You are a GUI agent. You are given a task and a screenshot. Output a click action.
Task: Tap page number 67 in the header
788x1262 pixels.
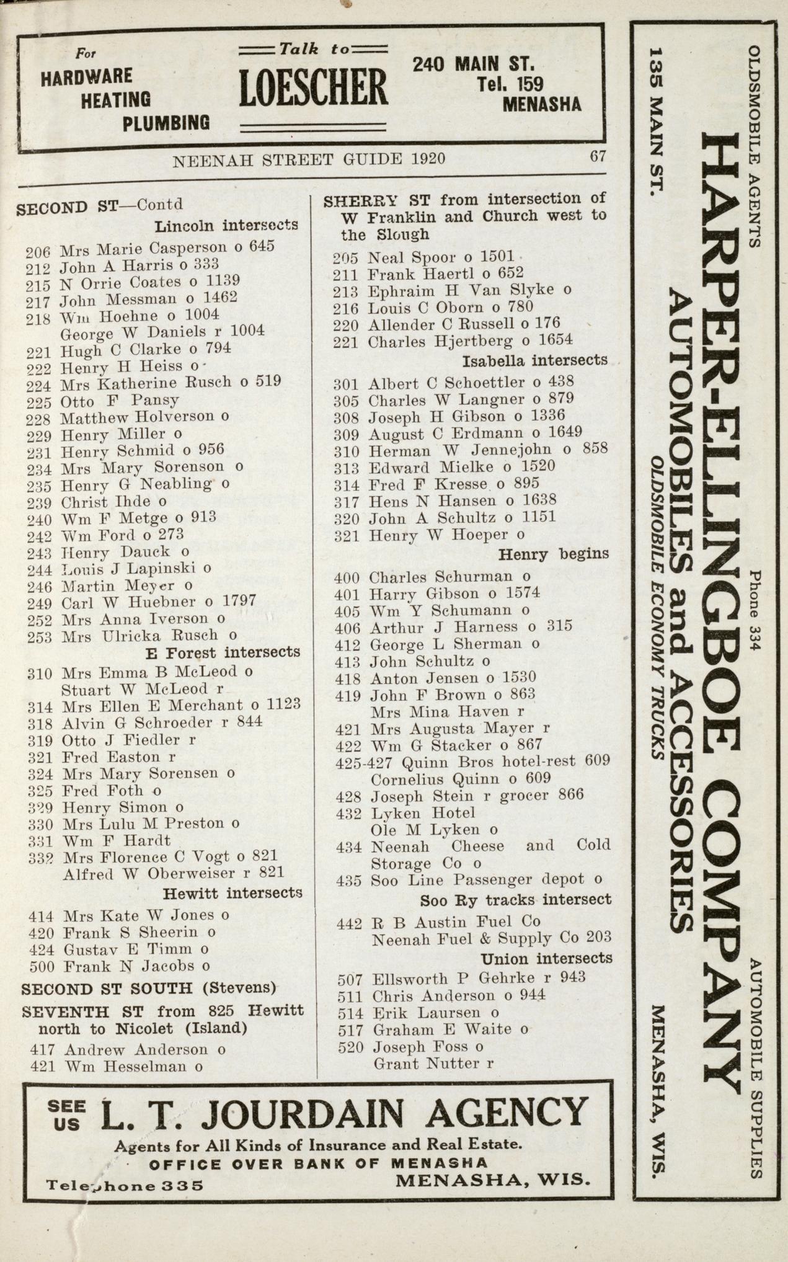[597, 157]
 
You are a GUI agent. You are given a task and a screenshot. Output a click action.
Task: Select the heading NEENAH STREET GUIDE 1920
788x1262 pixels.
[308, 159]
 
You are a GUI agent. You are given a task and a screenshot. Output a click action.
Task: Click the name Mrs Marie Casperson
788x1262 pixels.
[144, 249]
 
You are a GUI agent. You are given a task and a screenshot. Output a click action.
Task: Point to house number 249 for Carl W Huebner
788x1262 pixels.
[40, 603]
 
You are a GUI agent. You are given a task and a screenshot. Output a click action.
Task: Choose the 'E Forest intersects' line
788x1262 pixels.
[223, 652]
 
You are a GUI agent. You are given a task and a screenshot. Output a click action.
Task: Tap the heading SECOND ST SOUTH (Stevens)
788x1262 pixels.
[149, 987]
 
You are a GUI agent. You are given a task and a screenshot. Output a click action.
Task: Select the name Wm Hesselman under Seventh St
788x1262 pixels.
[134, 1067]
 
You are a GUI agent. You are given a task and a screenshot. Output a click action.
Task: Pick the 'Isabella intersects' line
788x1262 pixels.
[535, 360]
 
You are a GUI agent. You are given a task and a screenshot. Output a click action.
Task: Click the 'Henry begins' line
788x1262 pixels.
[554, 553]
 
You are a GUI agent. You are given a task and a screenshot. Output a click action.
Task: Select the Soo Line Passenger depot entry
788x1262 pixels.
[477, 879]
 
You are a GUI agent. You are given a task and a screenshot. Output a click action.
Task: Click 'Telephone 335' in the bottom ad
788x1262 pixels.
[125, 1186]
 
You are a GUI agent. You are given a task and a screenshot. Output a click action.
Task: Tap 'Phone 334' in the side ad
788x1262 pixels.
[755, 610]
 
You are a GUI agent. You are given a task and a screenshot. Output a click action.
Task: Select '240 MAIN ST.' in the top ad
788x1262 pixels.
[473, 64]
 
